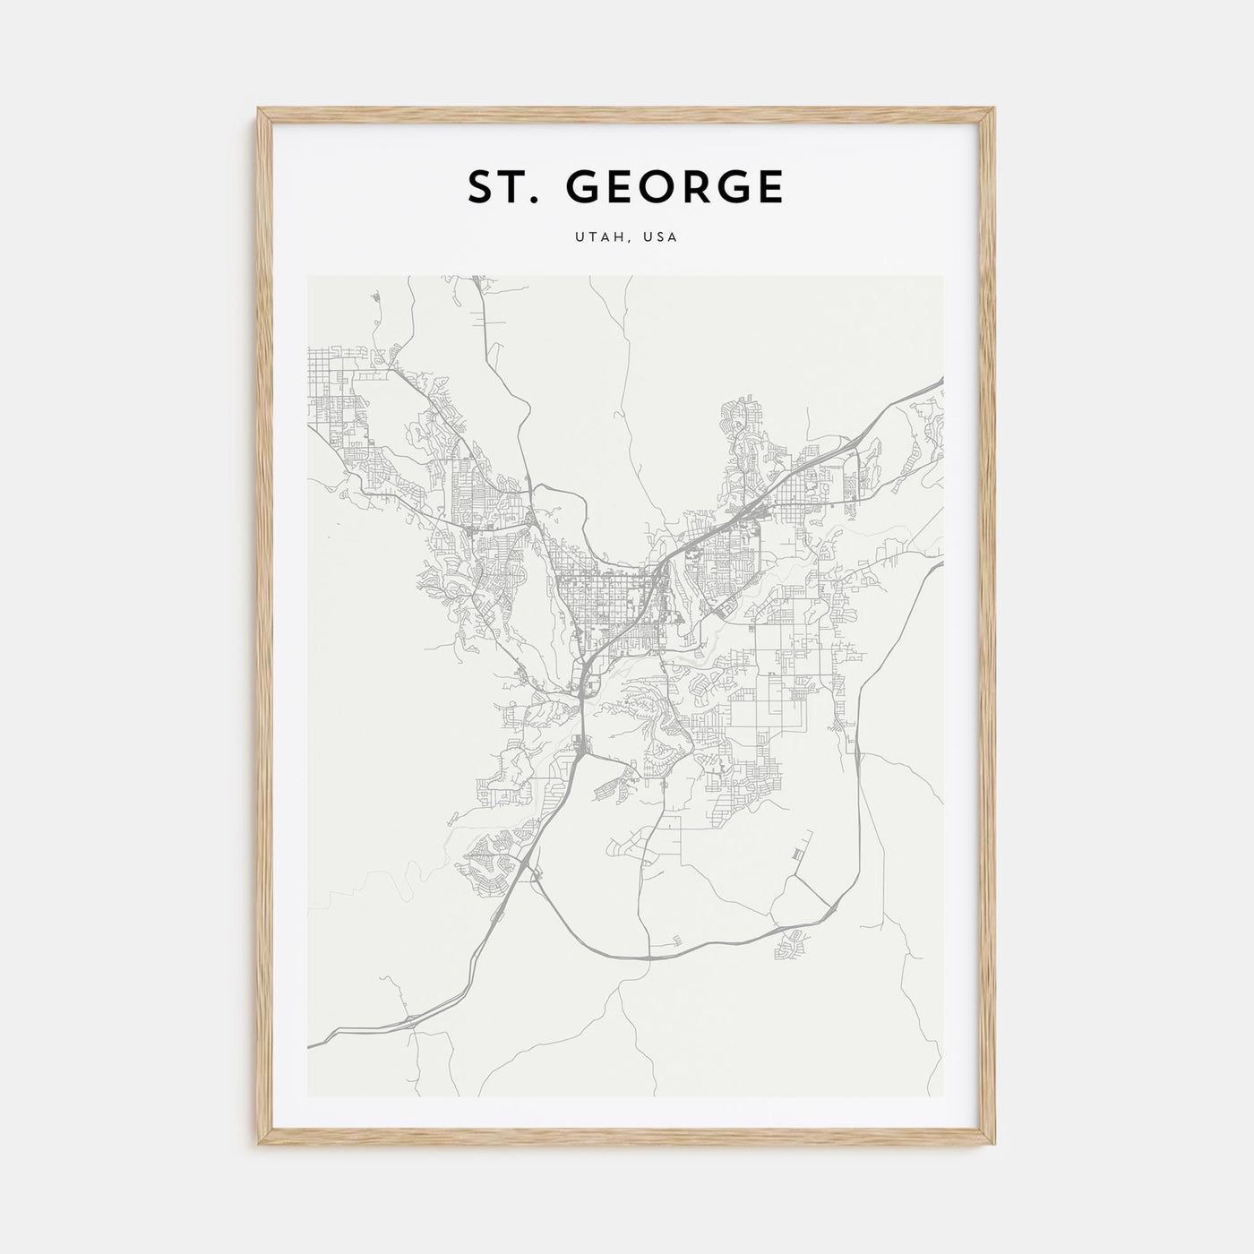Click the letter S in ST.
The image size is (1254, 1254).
[x=479, y=187]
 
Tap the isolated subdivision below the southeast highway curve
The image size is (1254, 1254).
[x=794, y=942]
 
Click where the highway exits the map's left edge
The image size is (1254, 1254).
[x=310, y=1044]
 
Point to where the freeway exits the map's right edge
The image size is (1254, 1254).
[x=940, y=381]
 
